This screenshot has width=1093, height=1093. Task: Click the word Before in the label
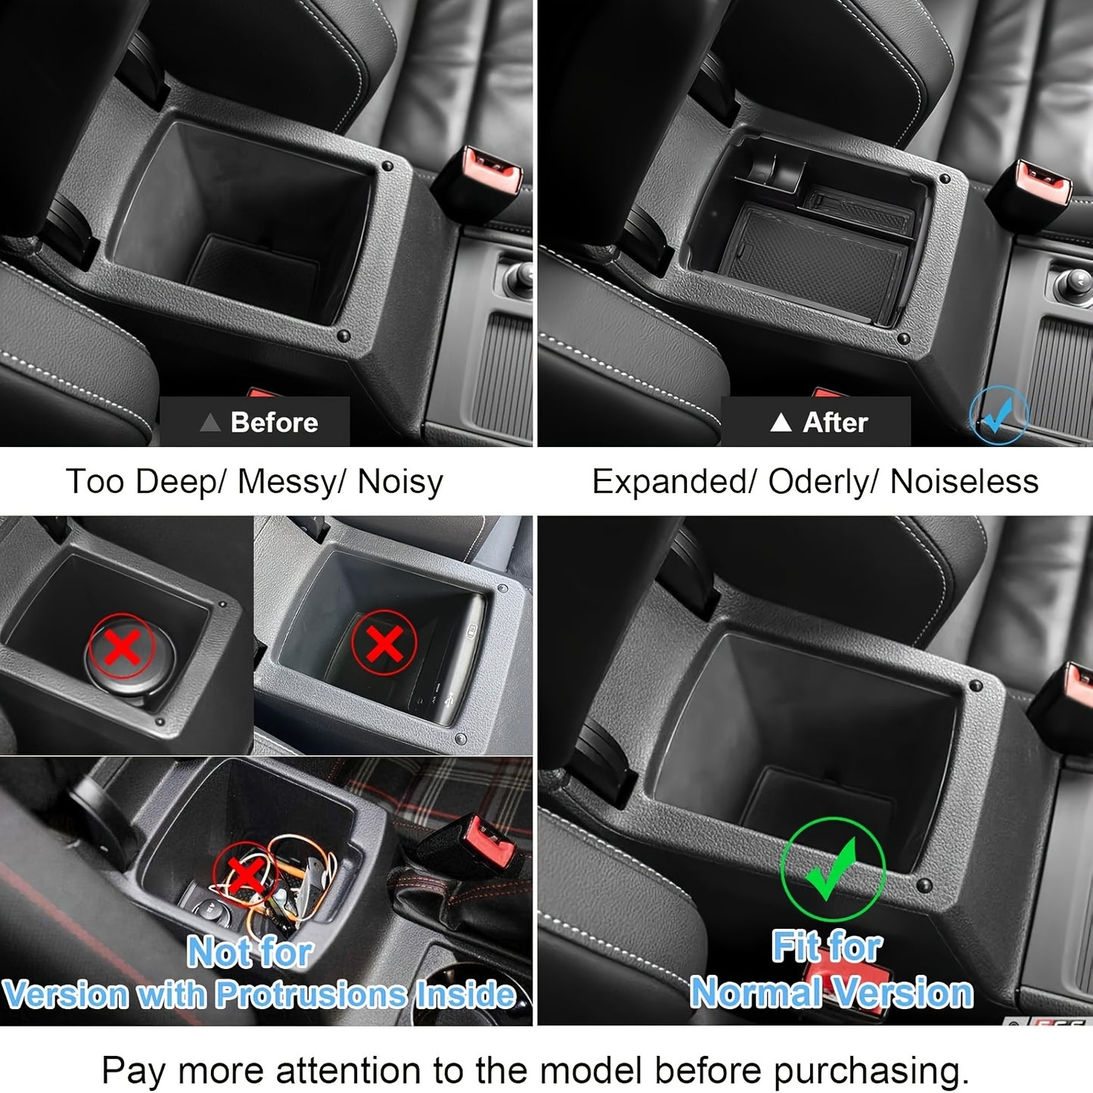click(274, 422)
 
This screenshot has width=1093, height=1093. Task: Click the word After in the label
click(835, 422)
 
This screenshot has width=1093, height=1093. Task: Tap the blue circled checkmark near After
click(998, 415)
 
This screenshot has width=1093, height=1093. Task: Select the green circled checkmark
click(832, 870)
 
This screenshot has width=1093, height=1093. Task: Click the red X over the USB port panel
click(384, 644)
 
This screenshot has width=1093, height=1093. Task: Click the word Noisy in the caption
click(400, 482)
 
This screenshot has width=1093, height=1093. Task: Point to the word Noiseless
click(964, 482)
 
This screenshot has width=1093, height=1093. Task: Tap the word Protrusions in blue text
click(311, 994)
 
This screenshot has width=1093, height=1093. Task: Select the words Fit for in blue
click(827, 946)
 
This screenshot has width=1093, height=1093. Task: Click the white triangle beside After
click(781, 422)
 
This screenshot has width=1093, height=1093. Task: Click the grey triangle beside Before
click(210, 422)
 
